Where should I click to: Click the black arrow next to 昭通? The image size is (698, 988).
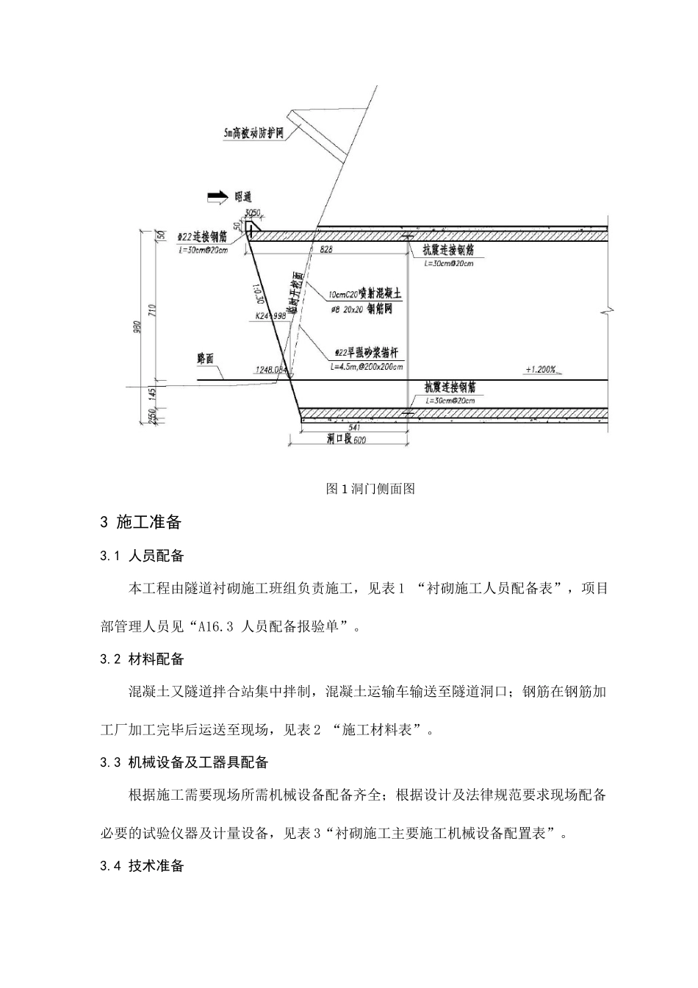[217, 196]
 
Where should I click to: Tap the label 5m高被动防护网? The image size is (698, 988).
[254, 134]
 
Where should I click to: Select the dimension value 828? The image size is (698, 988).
[326, 250]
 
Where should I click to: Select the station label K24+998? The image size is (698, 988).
[270, 316]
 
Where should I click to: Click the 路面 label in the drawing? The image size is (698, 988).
[206, 359]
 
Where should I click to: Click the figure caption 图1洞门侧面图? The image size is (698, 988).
[370, 489]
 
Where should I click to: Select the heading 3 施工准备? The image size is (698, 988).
[140, 523]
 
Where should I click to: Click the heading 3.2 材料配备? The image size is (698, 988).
[142, 659]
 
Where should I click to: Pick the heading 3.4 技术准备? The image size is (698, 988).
[142, 866]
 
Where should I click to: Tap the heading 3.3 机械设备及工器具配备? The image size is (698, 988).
[184, 762]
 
